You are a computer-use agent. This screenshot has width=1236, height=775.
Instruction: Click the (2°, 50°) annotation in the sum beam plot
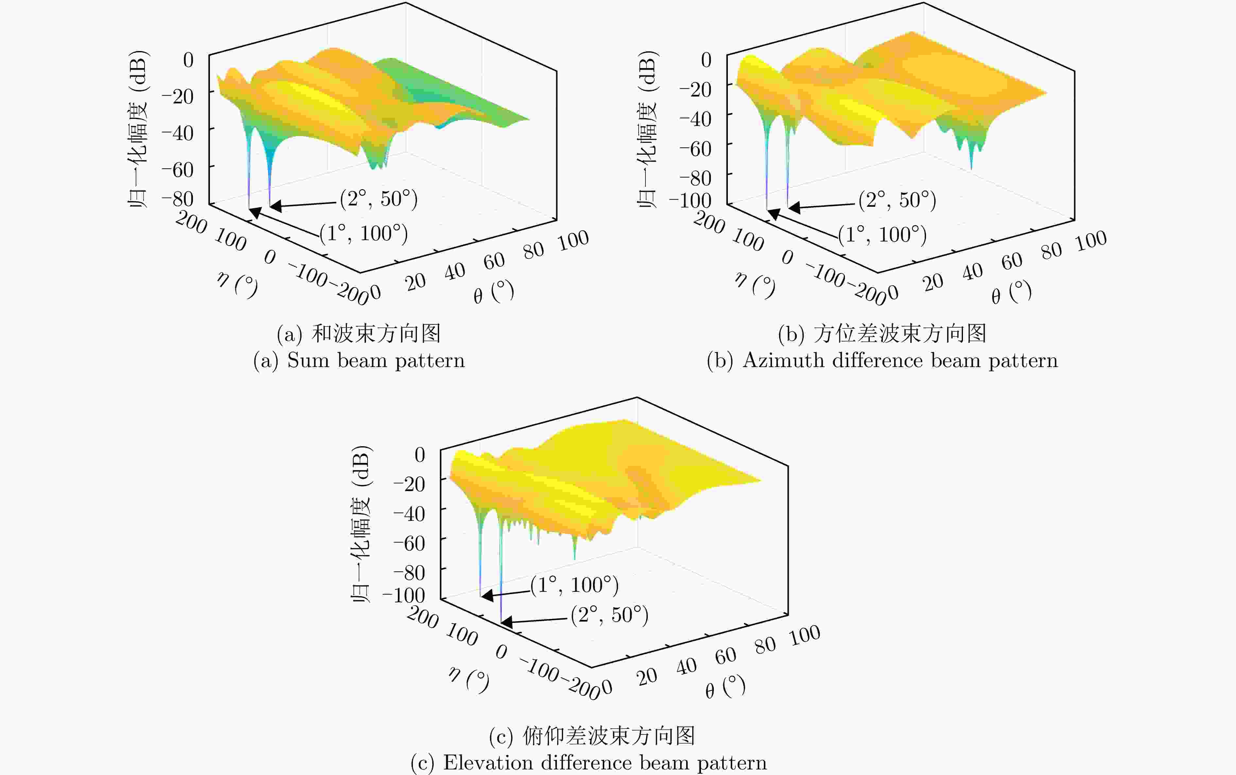pyautogui.click(x=379, y=199)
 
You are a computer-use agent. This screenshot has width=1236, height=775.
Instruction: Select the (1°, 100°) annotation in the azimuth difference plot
pyautogui.click(x=882, y=235)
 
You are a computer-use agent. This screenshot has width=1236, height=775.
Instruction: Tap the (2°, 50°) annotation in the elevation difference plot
pyautogui.click(x=609, y=615)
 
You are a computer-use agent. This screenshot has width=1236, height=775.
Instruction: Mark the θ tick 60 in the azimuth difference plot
pyautogui.click(x=1012, y=261)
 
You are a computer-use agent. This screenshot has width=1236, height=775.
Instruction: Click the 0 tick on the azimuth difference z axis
pyautogui.click(x=706, y=60)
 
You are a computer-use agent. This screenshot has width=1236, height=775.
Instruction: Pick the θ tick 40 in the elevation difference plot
pyautogui.click(x=686, y=666)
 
